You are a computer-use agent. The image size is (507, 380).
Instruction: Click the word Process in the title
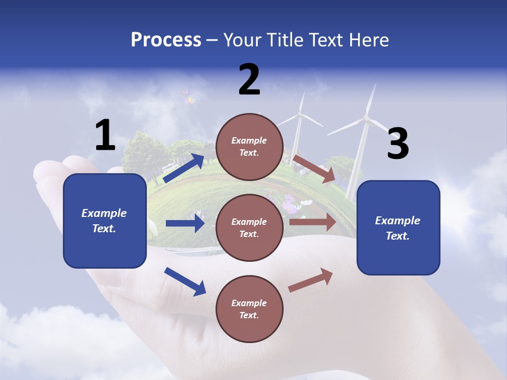click(x=166, y=40)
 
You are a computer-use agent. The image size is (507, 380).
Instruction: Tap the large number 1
click(x=105, y=135)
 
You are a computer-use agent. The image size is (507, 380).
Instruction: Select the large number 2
click(x=249, y=80)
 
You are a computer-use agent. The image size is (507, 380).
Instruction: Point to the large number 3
click(x=398, y=144)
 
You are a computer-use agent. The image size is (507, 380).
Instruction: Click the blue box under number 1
click(x=105, y=221)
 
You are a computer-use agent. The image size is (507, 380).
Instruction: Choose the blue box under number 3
click(x=398, y=227)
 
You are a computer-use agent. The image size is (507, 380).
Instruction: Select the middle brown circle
click(x=249, y=227)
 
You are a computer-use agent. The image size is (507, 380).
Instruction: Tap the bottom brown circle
click(x=249, y=309)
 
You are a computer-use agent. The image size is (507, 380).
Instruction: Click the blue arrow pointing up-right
click(x=184, y=168)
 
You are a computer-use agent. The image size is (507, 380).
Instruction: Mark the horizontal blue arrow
click(x=185, y=223)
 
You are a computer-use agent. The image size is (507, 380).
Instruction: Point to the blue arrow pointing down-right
click(x=185, y=281)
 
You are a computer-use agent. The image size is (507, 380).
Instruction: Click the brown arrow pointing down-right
click(x=314, y=169)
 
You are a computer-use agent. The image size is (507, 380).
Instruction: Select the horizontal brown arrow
click(x=313, y=222)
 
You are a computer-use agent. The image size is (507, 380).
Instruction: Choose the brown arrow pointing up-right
click(x=311, y=280)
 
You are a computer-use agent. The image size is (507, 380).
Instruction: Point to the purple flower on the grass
click(x=289, y=203)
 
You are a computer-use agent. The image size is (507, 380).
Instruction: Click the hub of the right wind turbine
click(x=365, y=119)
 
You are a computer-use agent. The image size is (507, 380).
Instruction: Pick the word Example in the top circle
click(x=249, y=140)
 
